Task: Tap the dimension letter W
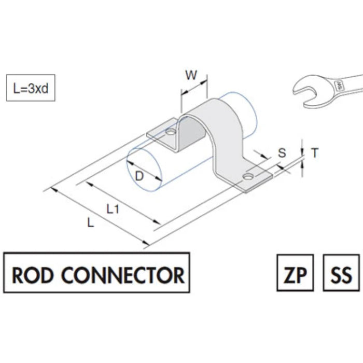[191, 76]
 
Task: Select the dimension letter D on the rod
[139, 176]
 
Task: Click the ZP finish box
[295, 274]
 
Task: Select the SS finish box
[341, 274]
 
